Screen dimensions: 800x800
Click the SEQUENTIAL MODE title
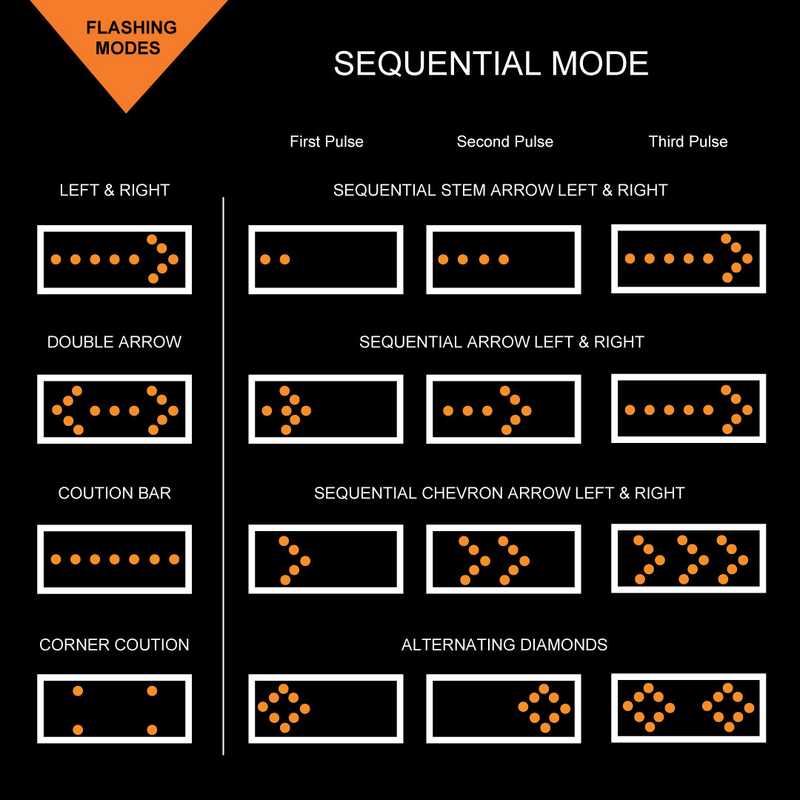coord(490,64)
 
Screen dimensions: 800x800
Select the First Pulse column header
coord(326,141)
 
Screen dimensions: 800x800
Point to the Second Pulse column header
coord(504,141)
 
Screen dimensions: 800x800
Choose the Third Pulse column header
coord(687,141)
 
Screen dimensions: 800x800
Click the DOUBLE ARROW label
coord(114,342)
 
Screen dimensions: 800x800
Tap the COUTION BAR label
coord(114,493)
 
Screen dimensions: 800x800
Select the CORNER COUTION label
coord(114,644)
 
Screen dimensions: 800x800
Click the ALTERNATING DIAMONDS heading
coord(504,644)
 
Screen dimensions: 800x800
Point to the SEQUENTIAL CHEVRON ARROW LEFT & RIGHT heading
coord(499,493)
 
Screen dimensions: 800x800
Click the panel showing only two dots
coord(325,259)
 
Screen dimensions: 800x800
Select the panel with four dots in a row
coord(503,259)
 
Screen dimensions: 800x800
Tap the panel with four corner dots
coord(114,709)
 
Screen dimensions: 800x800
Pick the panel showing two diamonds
coord(688,707)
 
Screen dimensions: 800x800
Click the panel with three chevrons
coord(688,559)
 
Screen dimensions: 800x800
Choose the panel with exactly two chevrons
coord(503,559)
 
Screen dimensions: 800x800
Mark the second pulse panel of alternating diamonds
coord(503,709)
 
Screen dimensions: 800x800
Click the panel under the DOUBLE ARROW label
coord(114,410)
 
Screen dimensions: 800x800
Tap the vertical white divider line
coord(223,474)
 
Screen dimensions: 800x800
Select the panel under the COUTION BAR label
coord(114,559)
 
